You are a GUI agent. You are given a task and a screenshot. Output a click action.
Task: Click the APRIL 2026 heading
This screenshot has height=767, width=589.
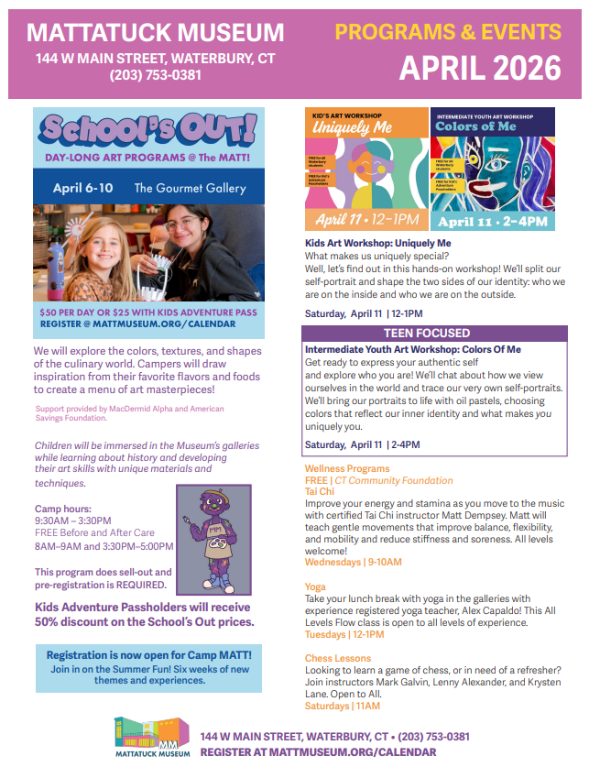(480, 67)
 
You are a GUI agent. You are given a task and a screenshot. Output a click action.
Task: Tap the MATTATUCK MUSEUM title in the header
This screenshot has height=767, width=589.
(156, 33)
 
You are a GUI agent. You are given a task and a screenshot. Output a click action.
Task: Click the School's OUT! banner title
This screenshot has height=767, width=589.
(148, 130)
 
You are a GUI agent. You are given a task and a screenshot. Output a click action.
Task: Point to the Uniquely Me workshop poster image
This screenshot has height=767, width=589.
(365, 170)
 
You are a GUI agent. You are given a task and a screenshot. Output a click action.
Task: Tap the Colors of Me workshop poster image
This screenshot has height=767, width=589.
(493, 170)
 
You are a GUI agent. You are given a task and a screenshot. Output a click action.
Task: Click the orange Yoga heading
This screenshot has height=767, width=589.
(316, 586)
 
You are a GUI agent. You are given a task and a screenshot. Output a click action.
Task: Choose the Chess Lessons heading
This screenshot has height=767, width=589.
(338, 658)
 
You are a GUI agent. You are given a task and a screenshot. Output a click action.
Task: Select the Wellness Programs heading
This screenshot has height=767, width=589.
(347, 468)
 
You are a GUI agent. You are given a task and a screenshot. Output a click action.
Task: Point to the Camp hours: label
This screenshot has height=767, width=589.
(62, 509)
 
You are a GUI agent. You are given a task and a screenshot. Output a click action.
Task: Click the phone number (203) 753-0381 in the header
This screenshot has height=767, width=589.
(156, 75)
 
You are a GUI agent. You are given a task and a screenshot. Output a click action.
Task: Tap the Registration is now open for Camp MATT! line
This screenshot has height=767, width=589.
(147, 655)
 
